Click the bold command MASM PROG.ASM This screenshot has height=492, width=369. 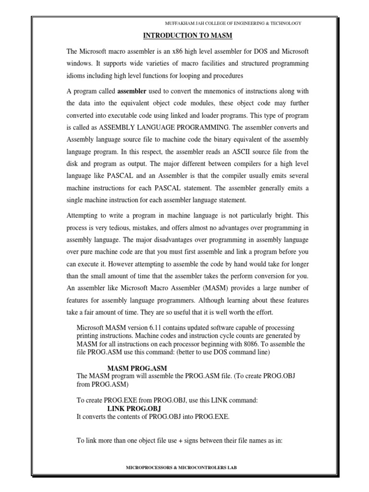[134, 368]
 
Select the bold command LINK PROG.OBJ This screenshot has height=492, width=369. [134, 408]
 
